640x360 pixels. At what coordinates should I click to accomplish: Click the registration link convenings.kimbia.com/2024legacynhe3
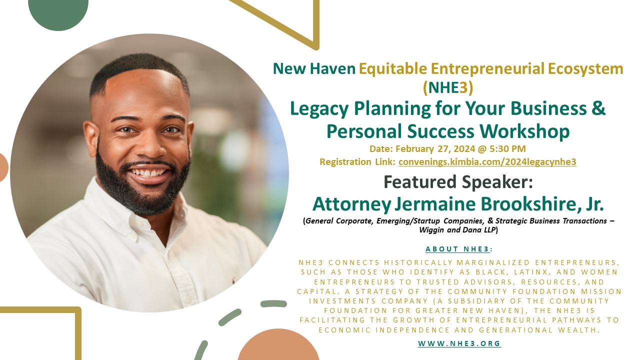pos(487,162)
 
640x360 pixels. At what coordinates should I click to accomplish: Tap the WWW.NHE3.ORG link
pos(459,343)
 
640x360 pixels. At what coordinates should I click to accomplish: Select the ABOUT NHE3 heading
pos(457,249)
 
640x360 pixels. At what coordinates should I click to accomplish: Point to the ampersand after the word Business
pos(598,108)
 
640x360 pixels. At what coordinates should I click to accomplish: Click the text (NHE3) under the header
pos(448,87)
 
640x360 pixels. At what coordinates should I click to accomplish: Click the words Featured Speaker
pos(458,182)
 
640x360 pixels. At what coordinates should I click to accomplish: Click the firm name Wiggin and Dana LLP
pos(457,230)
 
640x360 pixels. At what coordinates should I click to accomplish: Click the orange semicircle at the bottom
pos(278,345)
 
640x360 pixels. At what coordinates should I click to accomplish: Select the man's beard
pos(143,185)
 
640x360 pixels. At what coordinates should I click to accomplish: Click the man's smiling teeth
pos(147,173)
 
